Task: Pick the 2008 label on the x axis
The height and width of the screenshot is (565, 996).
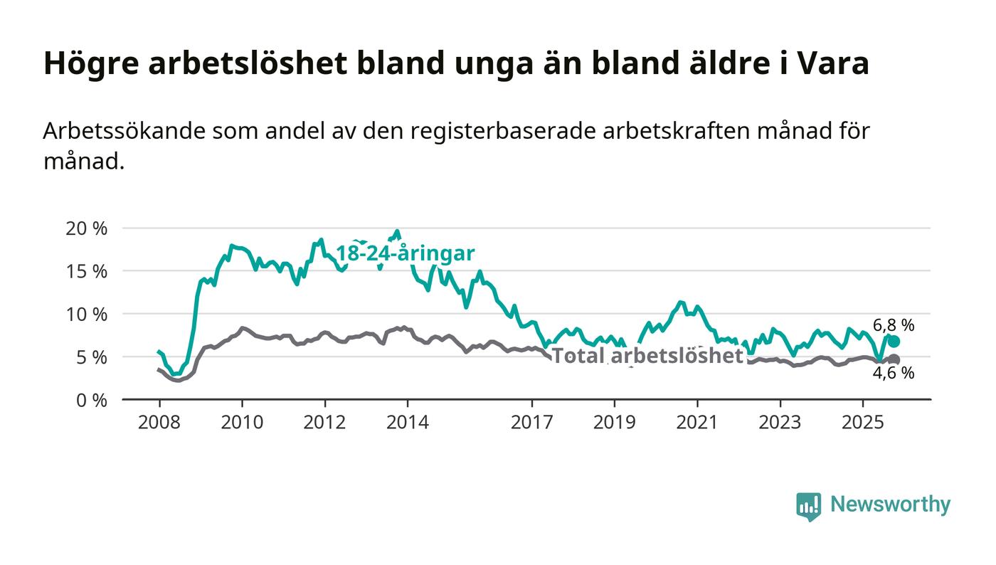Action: click(159, 423)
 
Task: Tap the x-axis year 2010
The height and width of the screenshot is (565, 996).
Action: click(242, 423)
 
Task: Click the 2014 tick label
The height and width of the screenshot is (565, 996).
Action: click(408, 423)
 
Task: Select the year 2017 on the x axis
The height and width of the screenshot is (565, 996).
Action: click(532, 423)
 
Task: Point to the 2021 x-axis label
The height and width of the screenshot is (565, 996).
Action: click(697, 423)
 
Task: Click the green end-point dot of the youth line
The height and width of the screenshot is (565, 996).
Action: click(894, 342)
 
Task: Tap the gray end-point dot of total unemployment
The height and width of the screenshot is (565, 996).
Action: click(894, 359)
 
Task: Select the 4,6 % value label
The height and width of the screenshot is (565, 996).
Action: click(894, 373)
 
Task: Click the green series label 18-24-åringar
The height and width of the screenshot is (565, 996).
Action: click(405, 253)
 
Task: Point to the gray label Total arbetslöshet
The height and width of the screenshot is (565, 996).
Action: click(647, 356)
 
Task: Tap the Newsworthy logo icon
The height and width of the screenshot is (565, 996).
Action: click(808, 506)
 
